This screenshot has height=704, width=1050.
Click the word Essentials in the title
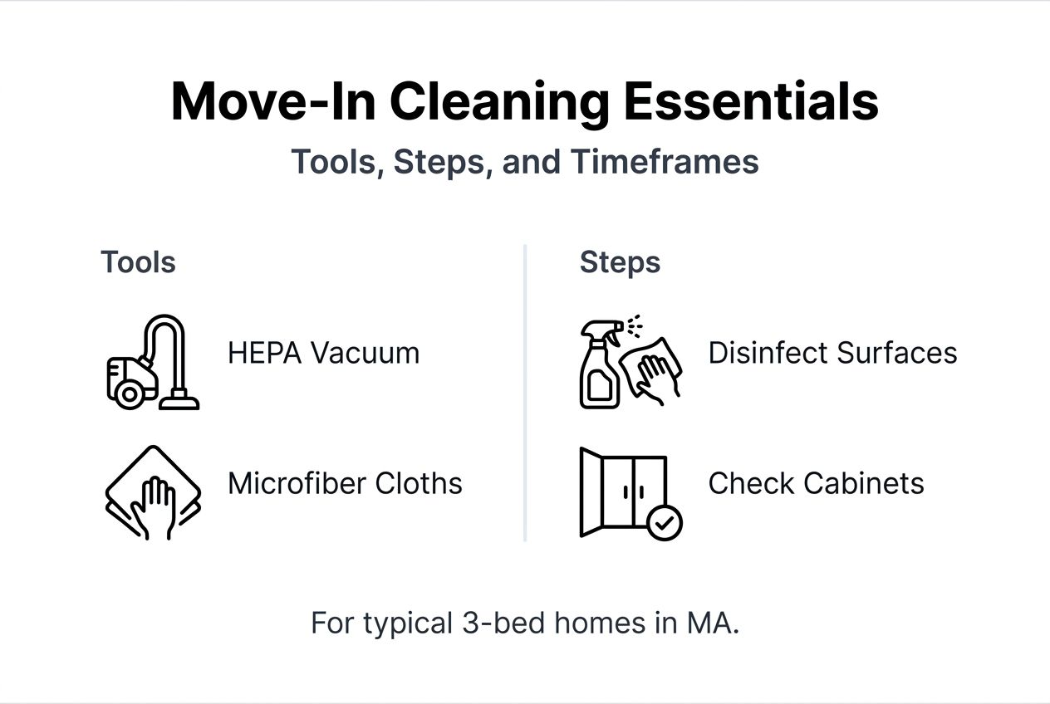751,101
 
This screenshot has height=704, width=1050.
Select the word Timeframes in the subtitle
665,162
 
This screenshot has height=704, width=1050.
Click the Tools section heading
138,262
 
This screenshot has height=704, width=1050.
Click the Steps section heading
620,262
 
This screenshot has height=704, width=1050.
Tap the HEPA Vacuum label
323,354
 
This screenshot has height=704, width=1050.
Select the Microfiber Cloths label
345,483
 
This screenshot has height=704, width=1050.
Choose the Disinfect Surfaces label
832,354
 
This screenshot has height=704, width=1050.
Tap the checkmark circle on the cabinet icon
665,523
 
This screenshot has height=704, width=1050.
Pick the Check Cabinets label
816,483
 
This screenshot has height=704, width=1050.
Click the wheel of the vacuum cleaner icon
130,394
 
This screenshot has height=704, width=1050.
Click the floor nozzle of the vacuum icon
179,403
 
